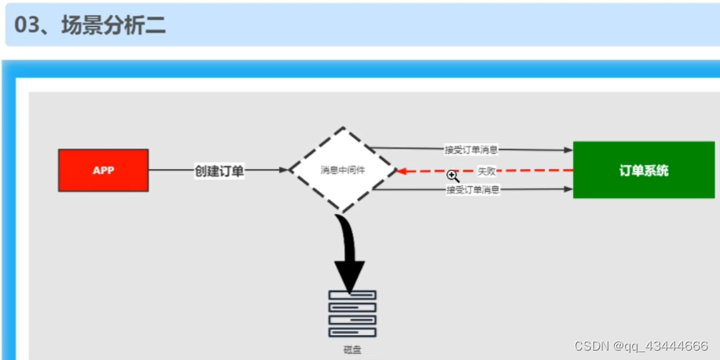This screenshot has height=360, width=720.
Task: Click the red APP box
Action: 103,170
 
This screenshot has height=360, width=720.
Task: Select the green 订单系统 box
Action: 643,170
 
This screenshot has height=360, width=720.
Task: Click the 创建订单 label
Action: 219,171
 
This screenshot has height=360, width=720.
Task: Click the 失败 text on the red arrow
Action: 486,171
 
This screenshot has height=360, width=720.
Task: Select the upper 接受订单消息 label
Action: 471,149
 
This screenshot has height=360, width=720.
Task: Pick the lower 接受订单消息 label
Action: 472,190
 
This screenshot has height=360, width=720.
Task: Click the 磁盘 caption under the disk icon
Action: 351,350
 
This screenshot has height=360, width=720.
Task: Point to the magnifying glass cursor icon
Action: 453,177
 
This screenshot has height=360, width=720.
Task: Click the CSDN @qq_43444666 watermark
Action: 641,346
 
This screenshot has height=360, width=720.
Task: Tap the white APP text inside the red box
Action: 103,170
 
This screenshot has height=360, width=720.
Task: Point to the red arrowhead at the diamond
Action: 401,171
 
